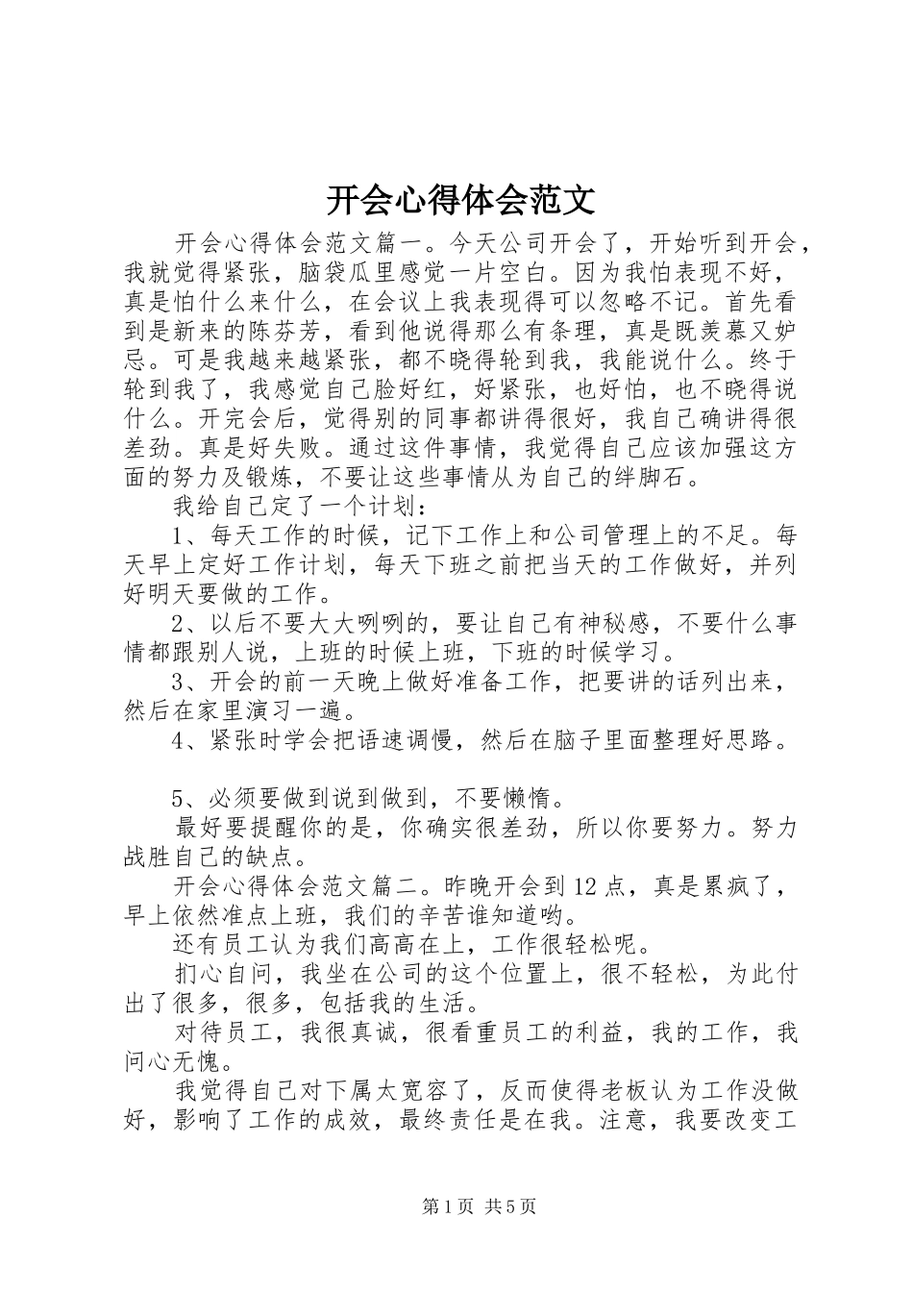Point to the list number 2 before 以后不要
point(178,624)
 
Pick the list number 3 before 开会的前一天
point(178,683)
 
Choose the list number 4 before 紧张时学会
point(178,741)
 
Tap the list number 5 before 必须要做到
point(178,799)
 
